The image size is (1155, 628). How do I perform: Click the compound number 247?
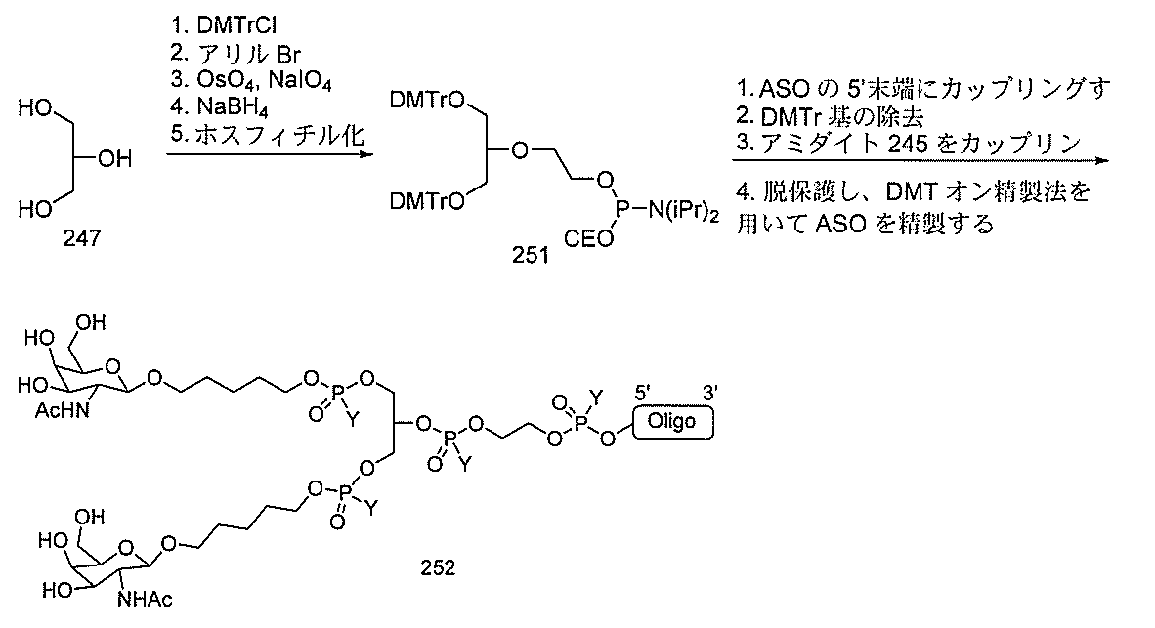coord(81,237)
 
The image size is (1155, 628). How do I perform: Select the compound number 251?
coord(531,255)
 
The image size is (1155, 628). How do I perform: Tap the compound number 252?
coord(438,567)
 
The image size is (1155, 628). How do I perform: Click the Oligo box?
coord(671,422)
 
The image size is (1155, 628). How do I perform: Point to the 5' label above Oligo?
coord(643,394)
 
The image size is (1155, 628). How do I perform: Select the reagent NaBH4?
coord(232,107)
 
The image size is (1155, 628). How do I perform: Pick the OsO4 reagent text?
coord(227,79)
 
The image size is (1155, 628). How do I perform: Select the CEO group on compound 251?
coord(588,238)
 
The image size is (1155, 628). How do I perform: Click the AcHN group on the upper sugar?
coord(63,410)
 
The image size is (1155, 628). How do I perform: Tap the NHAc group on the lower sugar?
coord(145,599)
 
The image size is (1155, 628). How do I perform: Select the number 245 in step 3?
coord(908,144)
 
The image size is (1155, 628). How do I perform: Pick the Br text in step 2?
coord(289,53)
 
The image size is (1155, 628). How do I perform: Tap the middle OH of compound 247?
coord(114,158)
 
